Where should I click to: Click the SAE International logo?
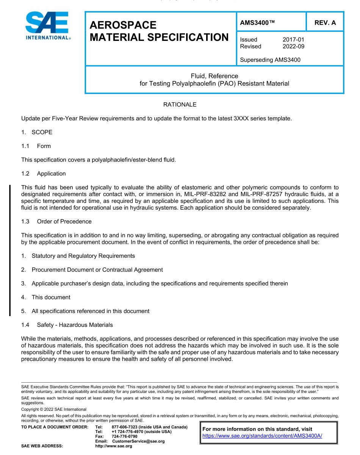[47, 26]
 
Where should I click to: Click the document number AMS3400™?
[257, 23]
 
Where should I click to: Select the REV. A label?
[325, 23]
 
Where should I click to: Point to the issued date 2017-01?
[293, 39]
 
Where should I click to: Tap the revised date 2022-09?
[293, 46]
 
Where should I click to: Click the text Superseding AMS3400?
[270, 59]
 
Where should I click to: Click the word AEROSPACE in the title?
[123, 25]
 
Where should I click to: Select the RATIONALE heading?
[180, 104]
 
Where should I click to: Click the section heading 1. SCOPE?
[37, 132]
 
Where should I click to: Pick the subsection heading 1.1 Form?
[36, 146]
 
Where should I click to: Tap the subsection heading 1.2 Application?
[44, 174]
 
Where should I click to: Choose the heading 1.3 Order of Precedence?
[56, 221]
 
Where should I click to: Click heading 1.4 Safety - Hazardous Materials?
[67, 325]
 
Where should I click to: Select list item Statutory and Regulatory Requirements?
[83, 256]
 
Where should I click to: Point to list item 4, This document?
[51, 297]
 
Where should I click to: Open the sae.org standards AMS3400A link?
[262, 436]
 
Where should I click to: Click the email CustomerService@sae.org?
[138, 441]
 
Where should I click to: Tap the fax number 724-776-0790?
[125, 436]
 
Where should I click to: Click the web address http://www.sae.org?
[113, 446]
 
